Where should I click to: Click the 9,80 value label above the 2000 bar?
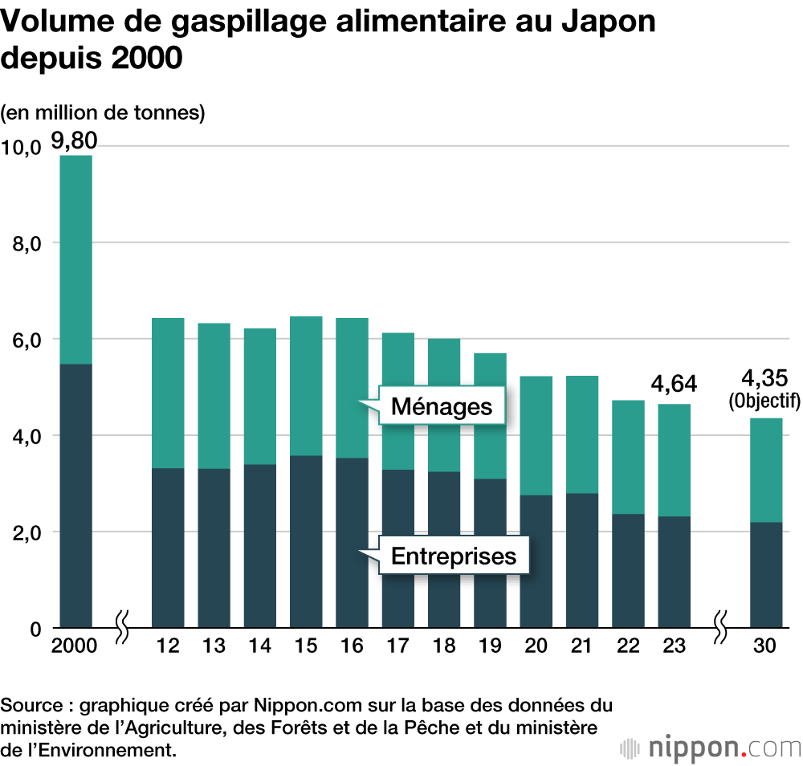[74, 141]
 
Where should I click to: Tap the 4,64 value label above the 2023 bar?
[675, 385]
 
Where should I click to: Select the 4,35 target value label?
[764, 378]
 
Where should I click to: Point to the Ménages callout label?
[441, 406]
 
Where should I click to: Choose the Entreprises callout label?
[454, 556]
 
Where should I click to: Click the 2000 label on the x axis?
[74, 646]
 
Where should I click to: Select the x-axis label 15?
[306, 646]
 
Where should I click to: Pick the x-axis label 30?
[765, 646]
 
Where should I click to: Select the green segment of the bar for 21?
[582, 434]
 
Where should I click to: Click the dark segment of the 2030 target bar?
[765, 574]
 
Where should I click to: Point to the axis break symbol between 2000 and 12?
[122, 627]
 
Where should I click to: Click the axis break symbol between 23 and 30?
[720, 627]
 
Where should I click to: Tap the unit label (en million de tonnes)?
[104, 113]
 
